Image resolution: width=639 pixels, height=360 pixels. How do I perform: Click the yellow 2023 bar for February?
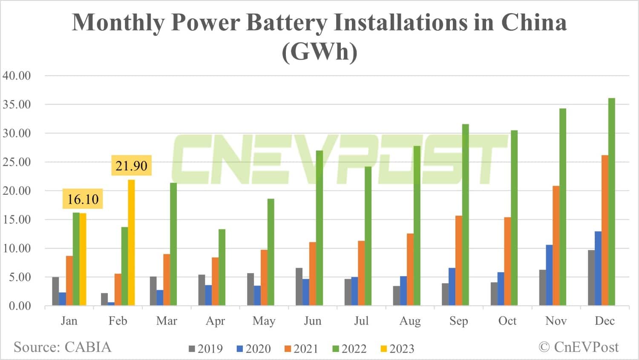(x=131, y=243)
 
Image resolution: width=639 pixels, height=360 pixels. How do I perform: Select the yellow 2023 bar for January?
(x=83, y=259)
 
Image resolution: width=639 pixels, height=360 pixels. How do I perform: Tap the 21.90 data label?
(x=131, y=166)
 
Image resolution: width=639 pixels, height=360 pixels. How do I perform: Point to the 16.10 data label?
(x=83, y=199)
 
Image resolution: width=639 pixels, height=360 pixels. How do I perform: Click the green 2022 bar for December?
(x=612, y=202)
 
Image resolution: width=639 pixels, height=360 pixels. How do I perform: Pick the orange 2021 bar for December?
(x=605, y=230)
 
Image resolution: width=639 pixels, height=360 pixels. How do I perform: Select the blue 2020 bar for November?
(x=549, y=275)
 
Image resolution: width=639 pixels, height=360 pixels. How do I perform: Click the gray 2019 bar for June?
(x=299, y=287)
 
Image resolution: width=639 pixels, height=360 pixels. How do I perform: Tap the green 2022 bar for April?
(x=222, y=267)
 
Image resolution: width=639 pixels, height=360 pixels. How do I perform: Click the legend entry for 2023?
(x=397, y=349)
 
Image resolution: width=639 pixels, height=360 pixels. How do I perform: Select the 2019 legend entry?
(x=206, y=349)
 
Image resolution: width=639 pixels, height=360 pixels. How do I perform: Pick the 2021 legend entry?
(x=301, y=349)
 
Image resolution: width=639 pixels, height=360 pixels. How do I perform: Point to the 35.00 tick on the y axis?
(x=17, y=105)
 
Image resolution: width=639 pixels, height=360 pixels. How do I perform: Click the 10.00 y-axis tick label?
(x=17, y=248)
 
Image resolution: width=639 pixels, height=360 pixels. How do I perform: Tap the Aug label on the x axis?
(x=410, y=321)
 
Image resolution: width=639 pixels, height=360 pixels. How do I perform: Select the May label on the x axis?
(x=264, y=321)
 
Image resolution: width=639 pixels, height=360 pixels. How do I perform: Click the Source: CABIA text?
(x=62, y=347)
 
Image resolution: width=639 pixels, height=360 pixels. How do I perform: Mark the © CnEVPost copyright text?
(x=579, y=347)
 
